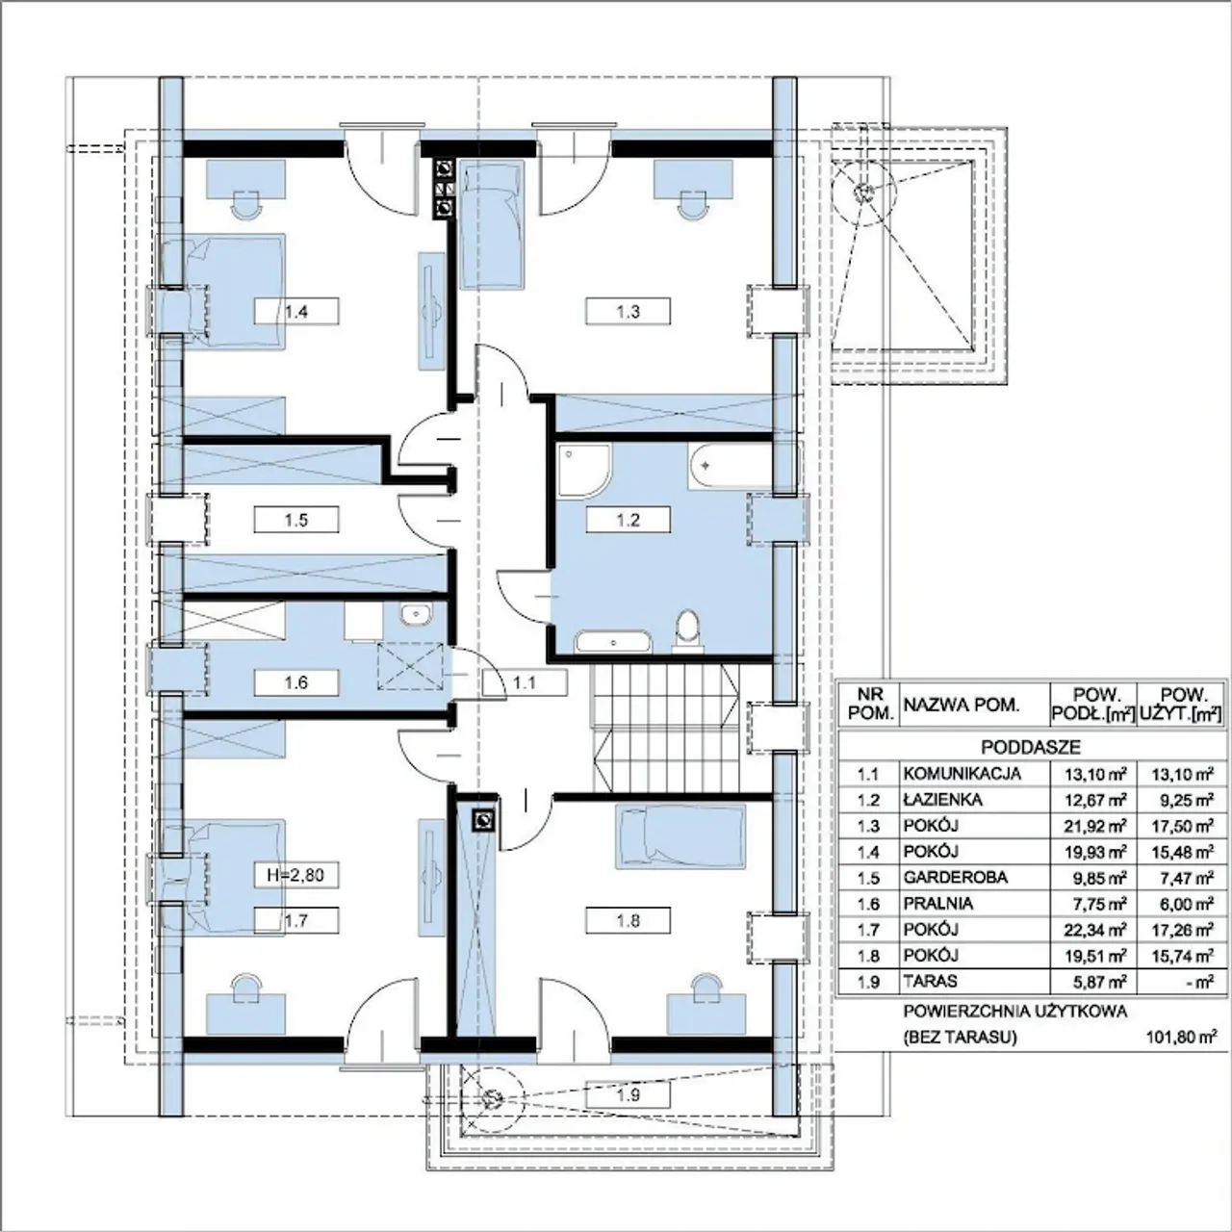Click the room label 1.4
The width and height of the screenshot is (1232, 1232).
(296, 312)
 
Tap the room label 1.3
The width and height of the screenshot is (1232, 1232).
(628, 312)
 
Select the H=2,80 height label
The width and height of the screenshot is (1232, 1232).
(296, 874)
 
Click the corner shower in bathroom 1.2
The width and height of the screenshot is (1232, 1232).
(583, 472)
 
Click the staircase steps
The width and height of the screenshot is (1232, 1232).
(665, 729)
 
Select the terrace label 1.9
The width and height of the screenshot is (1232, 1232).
(628, 1095)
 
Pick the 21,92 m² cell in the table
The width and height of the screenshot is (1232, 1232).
(1094, 826)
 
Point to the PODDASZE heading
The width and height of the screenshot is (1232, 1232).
(1031, 747)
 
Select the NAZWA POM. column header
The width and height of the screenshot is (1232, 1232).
(961, 706)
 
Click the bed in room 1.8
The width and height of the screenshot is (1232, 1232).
(680, 836)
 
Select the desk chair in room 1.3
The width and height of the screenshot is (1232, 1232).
(694, 204)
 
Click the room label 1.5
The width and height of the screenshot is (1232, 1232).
(296, 519)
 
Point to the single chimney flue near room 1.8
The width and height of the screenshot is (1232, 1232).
(483, 820)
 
